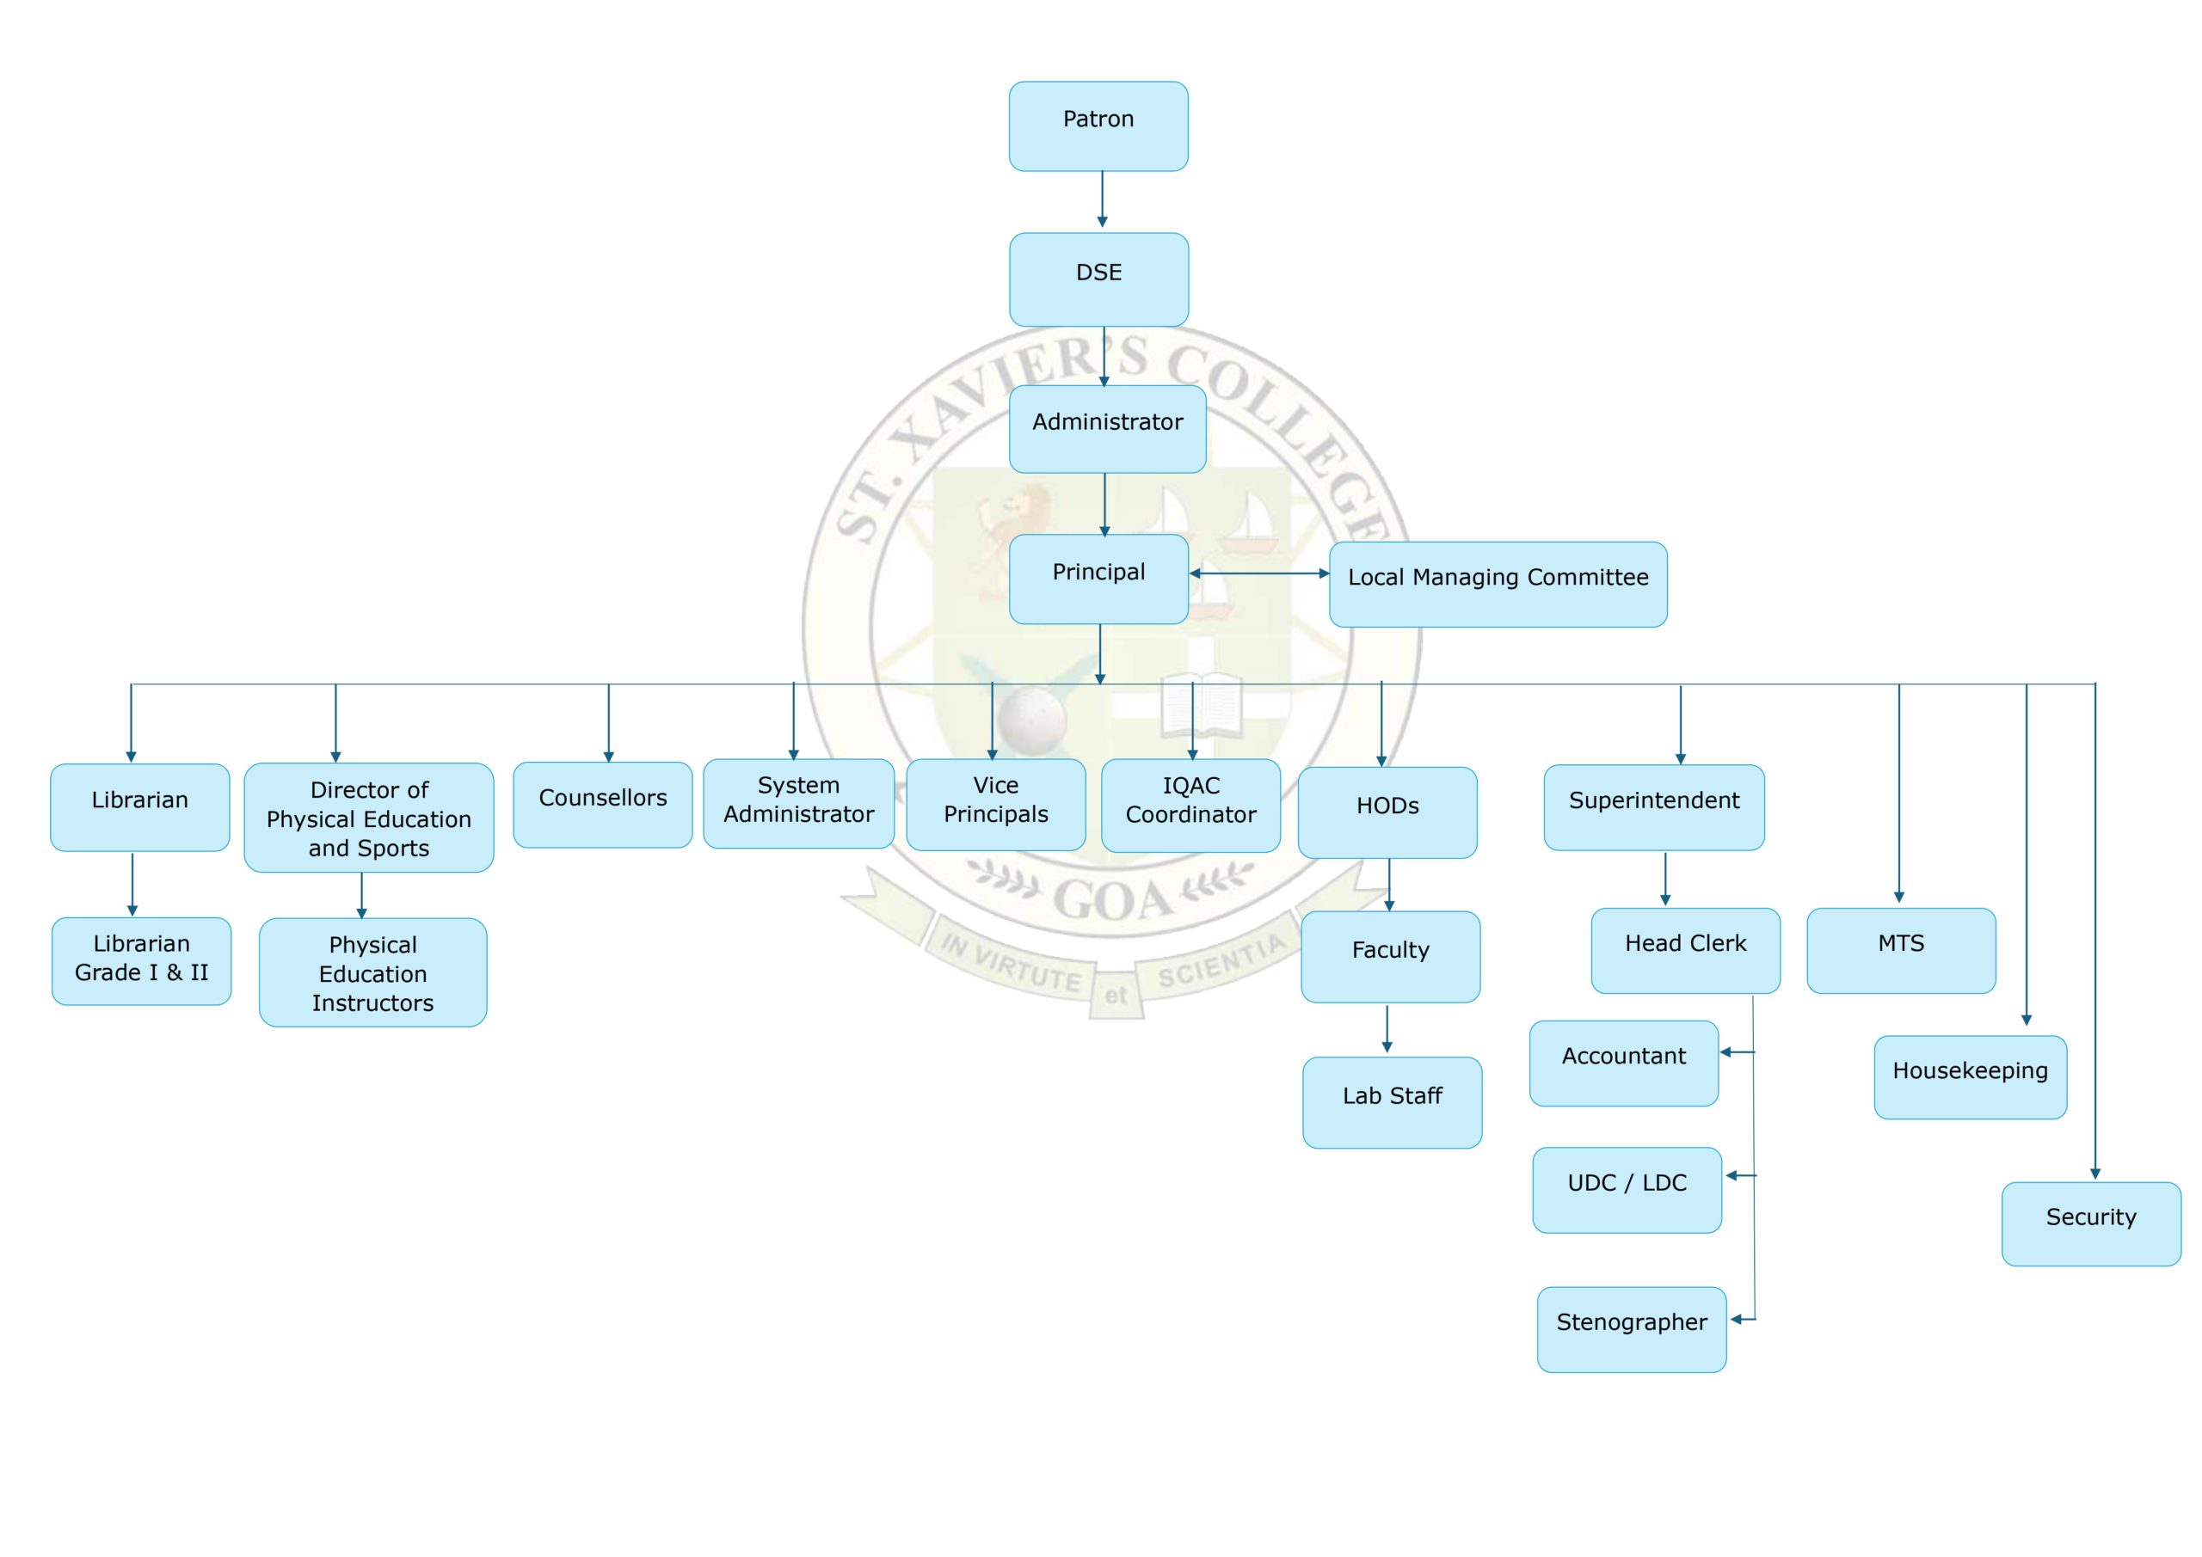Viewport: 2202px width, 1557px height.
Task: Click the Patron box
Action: click(x=1098, y=126)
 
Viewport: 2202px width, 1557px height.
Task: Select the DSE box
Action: click(x=1098, y=278)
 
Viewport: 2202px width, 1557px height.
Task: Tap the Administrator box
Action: click(x=1107, y=427)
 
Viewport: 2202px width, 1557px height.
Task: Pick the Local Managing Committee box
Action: click(x=1497, y=584)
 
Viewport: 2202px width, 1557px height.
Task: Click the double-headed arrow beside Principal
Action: click(x=1258, y=573)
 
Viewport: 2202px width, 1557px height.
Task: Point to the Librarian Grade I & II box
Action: click(x=141, y=959)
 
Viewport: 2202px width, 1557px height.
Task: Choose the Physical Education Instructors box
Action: click(x=372, y=972)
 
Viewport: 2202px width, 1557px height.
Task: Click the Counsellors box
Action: click(x=602, y=803)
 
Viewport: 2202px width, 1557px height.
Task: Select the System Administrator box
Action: click(x=798, y=802)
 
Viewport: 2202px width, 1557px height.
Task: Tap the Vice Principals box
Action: click(x=995, y=803)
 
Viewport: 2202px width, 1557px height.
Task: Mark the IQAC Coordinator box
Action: click(x=1190, y=805)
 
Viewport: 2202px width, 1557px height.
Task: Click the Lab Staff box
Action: click(x=1392, y=1101)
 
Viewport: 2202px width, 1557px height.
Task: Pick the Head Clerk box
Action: click(x=1685, y=949)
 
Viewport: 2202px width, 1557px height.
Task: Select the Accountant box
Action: click(x=1623, y=1063)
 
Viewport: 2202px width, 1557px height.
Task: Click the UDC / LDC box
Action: click(x=1627, y=1189)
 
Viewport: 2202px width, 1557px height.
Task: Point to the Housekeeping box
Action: click(x=1970, y=1076)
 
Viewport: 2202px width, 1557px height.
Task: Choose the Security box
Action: click(x=2091, y=1223)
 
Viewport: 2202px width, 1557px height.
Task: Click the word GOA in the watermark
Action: click(x=1112, y=898)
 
